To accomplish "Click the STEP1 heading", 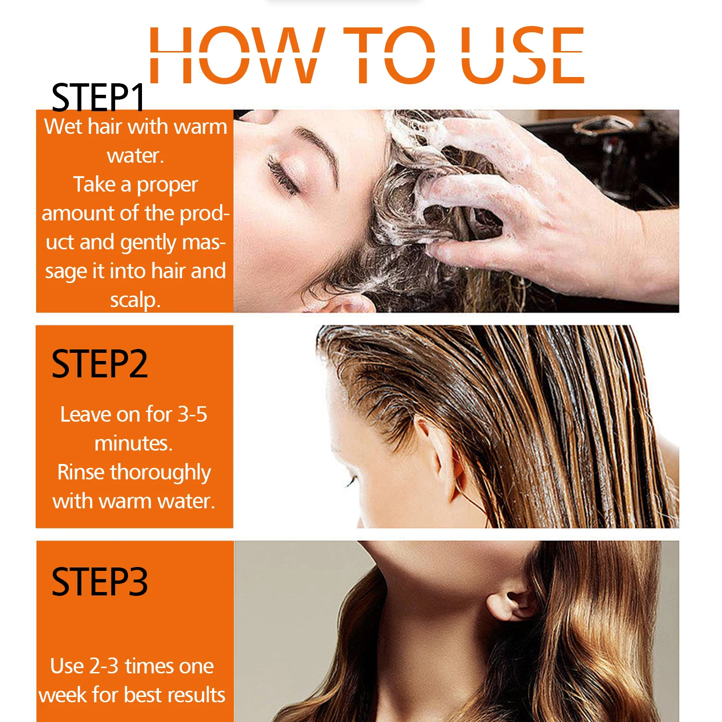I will point(98,97).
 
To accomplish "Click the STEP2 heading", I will point(99,364).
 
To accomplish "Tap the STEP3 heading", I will point(99,582).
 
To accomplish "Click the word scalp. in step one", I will point(135,300).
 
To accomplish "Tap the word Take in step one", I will point(94,185).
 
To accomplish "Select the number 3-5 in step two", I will point(193,414).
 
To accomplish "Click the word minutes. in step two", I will point(133,443).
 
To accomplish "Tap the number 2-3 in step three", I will point(104,666).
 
